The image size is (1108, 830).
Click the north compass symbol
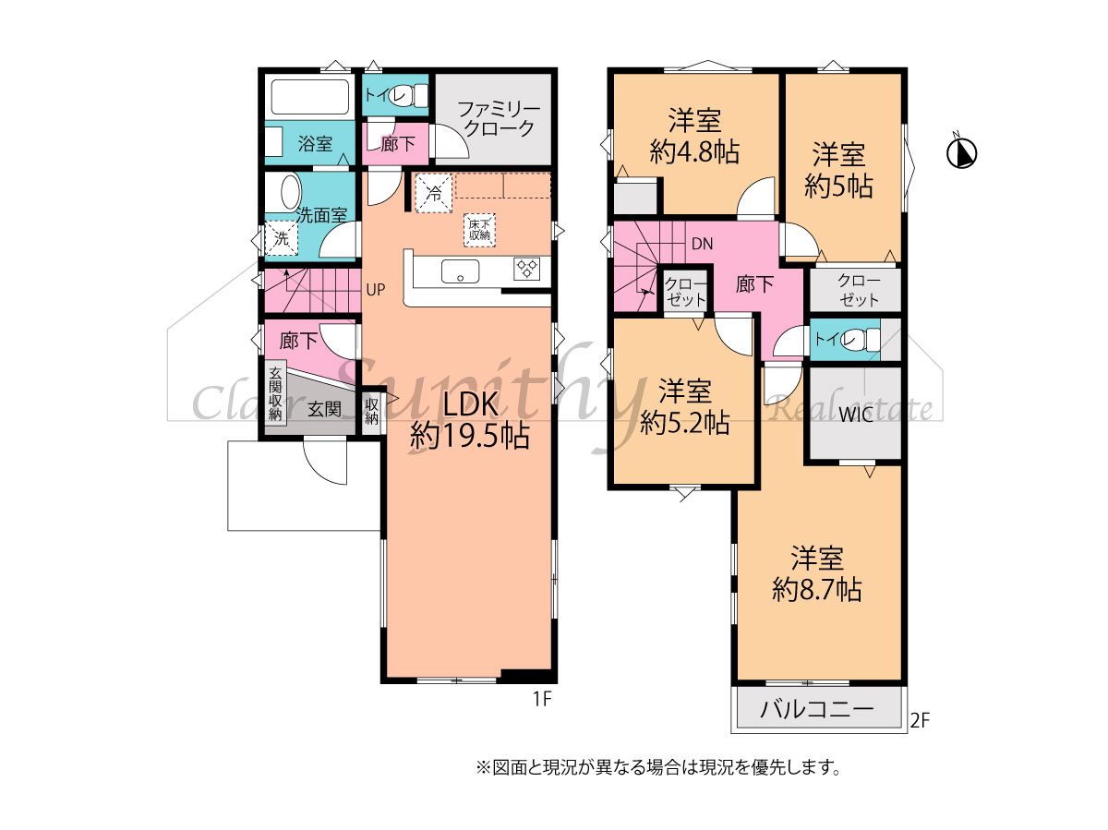point(961,153)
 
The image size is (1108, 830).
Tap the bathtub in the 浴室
point(310,97)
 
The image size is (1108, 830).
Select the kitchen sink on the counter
point(460,271)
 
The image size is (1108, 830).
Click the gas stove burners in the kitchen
point(527,268)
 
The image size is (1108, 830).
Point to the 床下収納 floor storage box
point(479,230)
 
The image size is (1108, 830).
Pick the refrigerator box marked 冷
point(433,193)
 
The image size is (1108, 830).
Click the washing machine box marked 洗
point(282,238)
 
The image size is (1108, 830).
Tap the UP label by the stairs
point(376,290)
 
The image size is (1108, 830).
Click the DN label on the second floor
point(702,245)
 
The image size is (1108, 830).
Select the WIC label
point(856,415)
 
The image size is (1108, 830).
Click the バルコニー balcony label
point(817,709)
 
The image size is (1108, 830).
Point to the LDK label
point(470,403)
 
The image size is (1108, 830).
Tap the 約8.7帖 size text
point(817,589)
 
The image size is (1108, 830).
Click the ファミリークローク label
point(499,119)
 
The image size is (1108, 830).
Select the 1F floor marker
point(542,699)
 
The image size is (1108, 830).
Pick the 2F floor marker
point(920,720)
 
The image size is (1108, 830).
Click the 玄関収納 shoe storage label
point(275,393)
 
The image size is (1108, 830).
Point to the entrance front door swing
point(325,463)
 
